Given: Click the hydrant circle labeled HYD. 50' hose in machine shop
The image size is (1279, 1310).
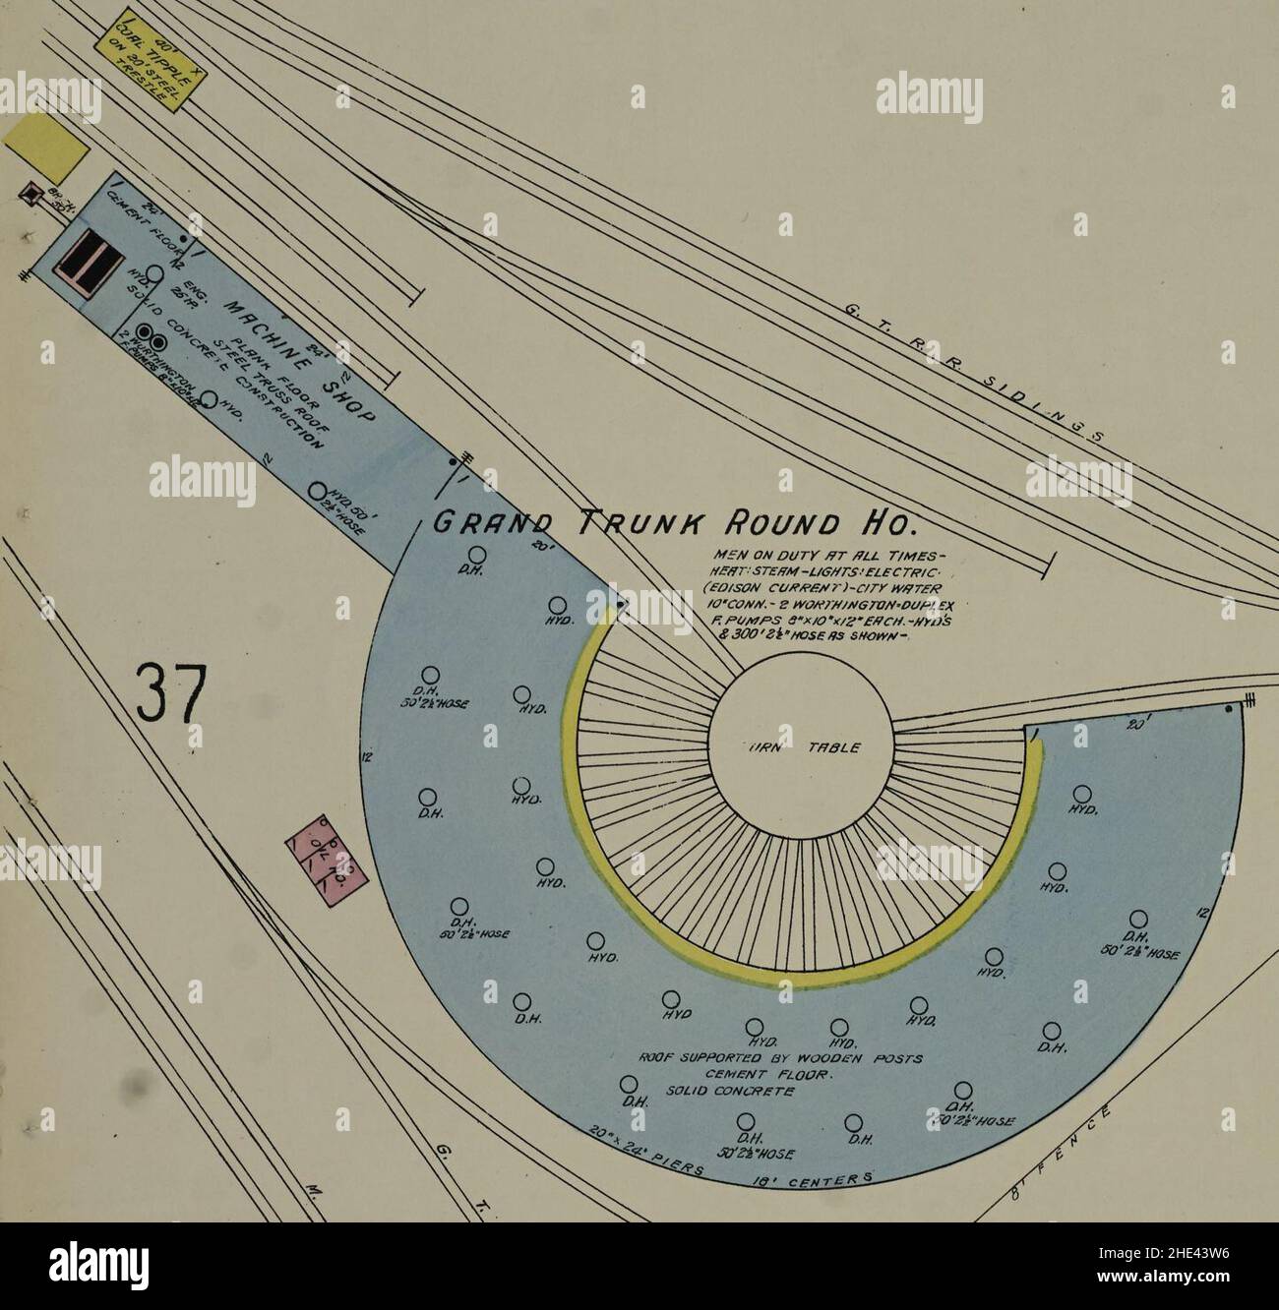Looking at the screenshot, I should point(317,491).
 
